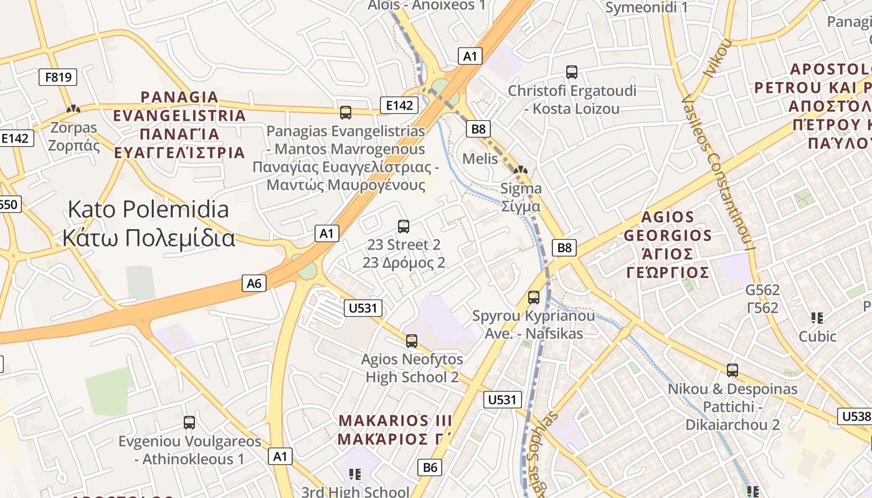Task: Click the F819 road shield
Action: pos(58,78)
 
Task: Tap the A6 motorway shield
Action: pos(254,284)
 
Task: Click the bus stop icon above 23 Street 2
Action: pos(404,227)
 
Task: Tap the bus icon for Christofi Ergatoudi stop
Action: pos(572,72)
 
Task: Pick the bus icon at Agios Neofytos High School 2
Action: pos(411,341)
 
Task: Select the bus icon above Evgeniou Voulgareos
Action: pos(189,423)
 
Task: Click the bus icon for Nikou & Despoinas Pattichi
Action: pos(732,370)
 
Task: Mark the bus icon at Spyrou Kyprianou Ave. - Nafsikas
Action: pos(534,298)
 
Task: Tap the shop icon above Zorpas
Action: pos(73,110)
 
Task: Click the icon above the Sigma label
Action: pos(521,169)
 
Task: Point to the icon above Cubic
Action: pos(817,318)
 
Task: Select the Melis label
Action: pos(480,159)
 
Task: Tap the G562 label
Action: pos(762,299)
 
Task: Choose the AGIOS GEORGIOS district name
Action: pos(667,245)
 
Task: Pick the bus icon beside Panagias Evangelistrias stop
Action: pos(346,113)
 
